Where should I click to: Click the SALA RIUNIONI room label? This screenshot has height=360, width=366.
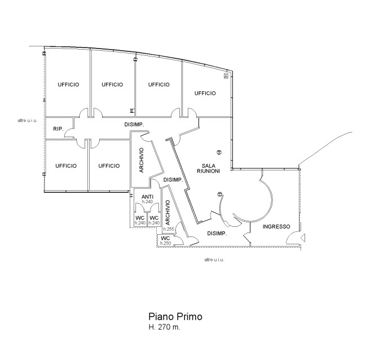coord(209,169)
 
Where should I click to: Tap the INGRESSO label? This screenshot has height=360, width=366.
coord(276,226)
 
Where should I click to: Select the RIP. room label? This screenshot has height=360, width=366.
coord(58,129)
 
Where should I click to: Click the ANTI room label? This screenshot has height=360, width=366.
coord(147,197)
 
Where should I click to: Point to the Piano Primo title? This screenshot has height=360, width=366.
coord(175,317)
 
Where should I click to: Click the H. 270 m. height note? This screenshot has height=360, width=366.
coord(164,327)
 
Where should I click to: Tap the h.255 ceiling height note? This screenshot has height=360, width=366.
coord(169,229)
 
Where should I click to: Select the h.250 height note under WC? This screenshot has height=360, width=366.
coord(165,243)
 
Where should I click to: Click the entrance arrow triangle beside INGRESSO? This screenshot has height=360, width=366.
coord(303,238)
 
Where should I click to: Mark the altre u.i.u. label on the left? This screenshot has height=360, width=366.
coord(27,121)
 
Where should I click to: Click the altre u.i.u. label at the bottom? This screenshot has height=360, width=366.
coord(214,260)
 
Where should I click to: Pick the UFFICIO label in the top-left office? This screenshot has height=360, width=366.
coord(68,84)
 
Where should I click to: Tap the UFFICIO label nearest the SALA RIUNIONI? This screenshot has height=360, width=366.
coord(205,93)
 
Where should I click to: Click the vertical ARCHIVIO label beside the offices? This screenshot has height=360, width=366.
coord(142,160)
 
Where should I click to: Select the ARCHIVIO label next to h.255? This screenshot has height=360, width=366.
coord(167,213)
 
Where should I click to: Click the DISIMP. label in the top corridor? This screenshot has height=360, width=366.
coord(134,125)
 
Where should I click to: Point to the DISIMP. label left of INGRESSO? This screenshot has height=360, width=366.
coord(217,233)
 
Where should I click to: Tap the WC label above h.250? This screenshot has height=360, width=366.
coord(165,238)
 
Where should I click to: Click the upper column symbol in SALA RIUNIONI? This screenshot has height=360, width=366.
coord(219,152)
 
